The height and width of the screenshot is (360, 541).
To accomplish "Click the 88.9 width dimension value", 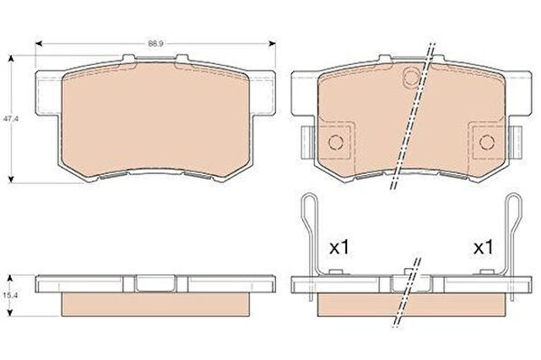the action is [156, 44].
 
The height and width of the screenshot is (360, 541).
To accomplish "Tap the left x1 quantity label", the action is [340, 247].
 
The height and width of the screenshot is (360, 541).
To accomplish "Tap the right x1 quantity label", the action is [483, 247].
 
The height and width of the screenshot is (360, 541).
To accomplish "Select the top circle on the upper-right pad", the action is [412, 77].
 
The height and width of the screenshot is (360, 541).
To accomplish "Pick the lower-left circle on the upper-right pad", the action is [335, 142].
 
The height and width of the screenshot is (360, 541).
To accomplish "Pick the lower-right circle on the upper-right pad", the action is [487, 142].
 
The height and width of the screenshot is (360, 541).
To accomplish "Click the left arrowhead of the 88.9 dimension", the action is [39, 43].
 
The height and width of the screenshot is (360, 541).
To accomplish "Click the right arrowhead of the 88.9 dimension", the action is [272, 43].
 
